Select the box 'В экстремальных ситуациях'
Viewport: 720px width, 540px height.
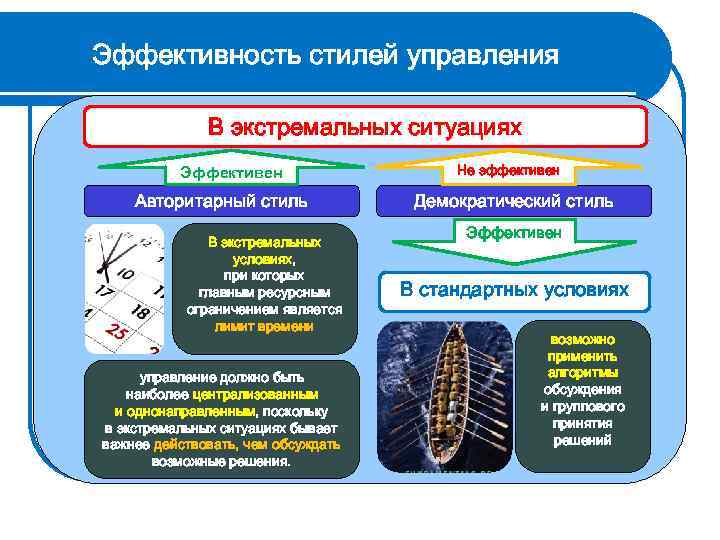[365, 128]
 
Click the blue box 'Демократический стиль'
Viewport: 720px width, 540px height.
[514, 201]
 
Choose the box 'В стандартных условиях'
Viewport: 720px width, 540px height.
[514, 291]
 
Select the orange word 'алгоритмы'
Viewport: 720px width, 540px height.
[582, 372]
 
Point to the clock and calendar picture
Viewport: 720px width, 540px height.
[125, 290]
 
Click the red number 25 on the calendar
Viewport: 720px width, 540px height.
[115, 332]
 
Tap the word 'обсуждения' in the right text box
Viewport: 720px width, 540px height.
[582, 389]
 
